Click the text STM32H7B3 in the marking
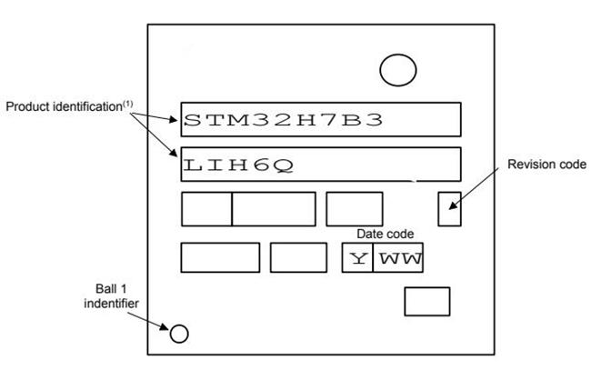pyautogui.click(x=283, y=120)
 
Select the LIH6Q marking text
pyautogui.click(x=238, y=165)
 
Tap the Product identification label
pyautogui.click(x=64, y=106)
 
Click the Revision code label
pyautogui.click(x=546, y=165)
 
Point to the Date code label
pyautogui.click(x=385, y=234)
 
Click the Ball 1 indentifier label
pyautogui.click(x=111, y=296)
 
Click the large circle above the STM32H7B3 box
pyautogui.click(x=398, y=55)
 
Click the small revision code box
pyautogui.click(x=439, y=209)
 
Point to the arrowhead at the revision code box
pyautogui.click(x=453, y=205)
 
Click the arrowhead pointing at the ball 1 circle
pyautogui.click(x=164, y=326)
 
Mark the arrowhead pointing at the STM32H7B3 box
pyautogui.click(x=173, y=120)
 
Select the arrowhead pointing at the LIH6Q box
pyautogui.click(x=174, y=153)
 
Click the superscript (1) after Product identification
pyautogui.click(x=128, y=104)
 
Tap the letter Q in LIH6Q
pyautogui.click(x=284, y=166)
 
